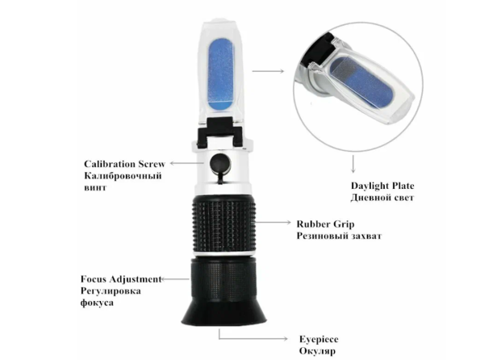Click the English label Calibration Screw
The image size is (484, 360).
(x=124, y=164)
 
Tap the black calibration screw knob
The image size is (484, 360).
(x=219, y=163)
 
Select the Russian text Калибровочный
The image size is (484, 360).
(x=123, y=176)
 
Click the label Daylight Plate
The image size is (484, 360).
(x=382, y=186)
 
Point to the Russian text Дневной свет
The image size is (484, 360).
(x=382, y=198)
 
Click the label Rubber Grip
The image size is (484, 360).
(x=325, y=224)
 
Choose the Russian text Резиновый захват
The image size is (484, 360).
(x=339, y=236)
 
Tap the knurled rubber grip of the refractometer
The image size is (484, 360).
(x=223, y=224)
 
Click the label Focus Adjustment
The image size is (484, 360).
(x=121, y=279)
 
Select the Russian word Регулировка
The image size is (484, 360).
(x=111, y=291)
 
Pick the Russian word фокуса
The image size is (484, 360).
(x=97, y=303)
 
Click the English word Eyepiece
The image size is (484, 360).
(x=319, y=339)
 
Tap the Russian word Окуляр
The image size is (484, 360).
(x=317, y=351)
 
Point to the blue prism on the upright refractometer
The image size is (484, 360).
(x=221, y=75)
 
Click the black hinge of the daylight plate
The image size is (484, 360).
(x=219, y=132)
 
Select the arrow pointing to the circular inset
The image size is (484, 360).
(x=268, y=71)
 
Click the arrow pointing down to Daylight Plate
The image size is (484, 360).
(x=353, y=164)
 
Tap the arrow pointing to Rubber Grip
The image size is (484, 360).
(x=273, y=222)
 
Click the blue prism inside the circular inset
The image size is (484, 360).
(x=361, y=82)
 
